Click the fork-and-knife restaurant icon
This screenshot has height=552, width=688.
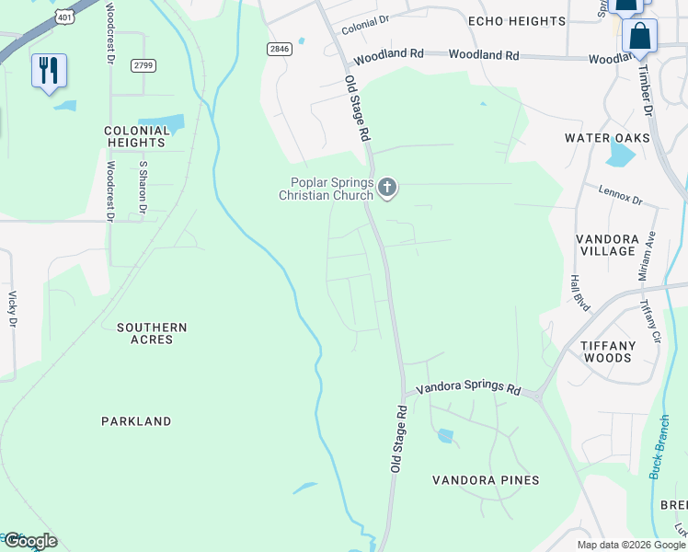[x=49, y=71]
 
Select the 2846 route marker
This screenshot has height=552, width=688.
[x=281, y=49]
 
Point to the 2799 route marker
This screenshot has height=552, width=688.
[x=143, y=64]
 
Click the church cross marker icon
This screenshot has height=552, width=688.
[x=387, y=189]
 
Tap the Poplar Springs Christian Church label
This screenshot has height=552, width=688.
[x=327, y=189]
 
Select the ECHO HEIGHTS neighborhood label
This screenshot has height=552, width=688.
[x=516, y=21]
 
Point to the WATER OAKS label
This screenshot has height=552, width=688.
[x=607, y=138]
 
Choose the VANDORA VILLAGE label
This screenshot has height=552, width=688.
[x=607, y=245]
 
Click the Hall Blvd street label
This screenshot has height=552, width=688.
[x=579, y=293]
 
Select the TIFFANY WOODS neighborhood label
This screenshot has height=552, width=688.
[x=607, y=351]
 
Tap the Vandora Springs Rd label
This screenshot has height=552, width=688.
[x=468, y=389]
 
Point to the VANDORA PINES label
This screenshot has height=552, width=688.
[x=486, y=480]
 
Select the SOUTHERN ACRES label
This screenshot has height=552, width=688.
[x=152, y=333]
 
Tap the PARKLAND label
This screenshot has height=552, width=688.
[x=136, y=421]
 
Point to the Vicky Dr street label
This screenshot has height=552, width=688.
[x=13, y=309]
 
